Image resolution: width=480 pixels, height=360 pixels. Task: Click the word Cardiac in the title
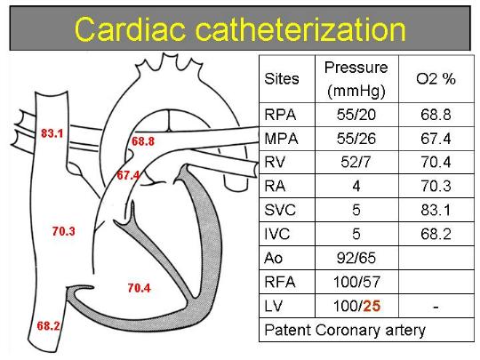130,29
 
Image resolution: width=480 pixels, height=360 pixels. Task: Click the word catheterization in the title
300,29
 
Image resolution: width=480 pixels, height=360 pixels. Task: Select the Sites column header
282,79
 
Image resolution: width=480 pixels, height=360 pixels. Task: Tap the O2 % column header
436,79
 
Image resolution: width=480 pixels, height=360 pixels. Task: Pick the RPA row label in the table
280,115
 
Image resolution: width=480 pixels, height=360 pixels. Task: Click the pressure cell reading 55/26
356,139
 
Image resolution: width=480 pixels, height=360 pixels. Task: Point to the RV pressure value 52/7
356,163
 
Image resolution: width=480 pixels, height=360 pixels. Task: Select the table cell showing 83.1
436,210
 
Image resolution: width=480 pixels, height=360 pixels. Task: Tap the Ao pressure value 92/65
356,258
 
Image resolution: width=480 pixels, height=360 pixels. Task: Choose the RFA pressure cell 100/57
356,282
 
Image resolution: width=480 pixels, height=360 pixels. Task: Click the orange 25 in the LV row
372,306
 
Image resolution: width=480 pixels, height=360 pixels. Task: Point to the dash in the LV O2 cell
436,307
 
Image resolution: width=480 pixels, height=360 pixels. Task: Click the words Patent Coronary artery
345,331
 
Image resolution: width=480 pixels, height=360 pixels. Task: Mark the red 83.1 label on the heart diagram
52,133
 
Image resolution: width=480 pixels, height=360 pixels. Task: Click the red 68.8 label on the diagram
143,141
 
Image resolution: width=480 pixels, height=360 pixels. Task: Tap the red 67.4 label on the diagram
128,175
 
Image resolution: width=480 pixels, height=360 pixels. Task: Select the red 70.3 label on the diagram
64,231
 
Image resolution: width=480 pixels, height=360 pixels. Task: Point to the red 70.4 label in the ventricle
140,288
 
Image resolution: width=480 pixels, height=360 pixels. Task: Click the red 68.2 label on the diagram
48,326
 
